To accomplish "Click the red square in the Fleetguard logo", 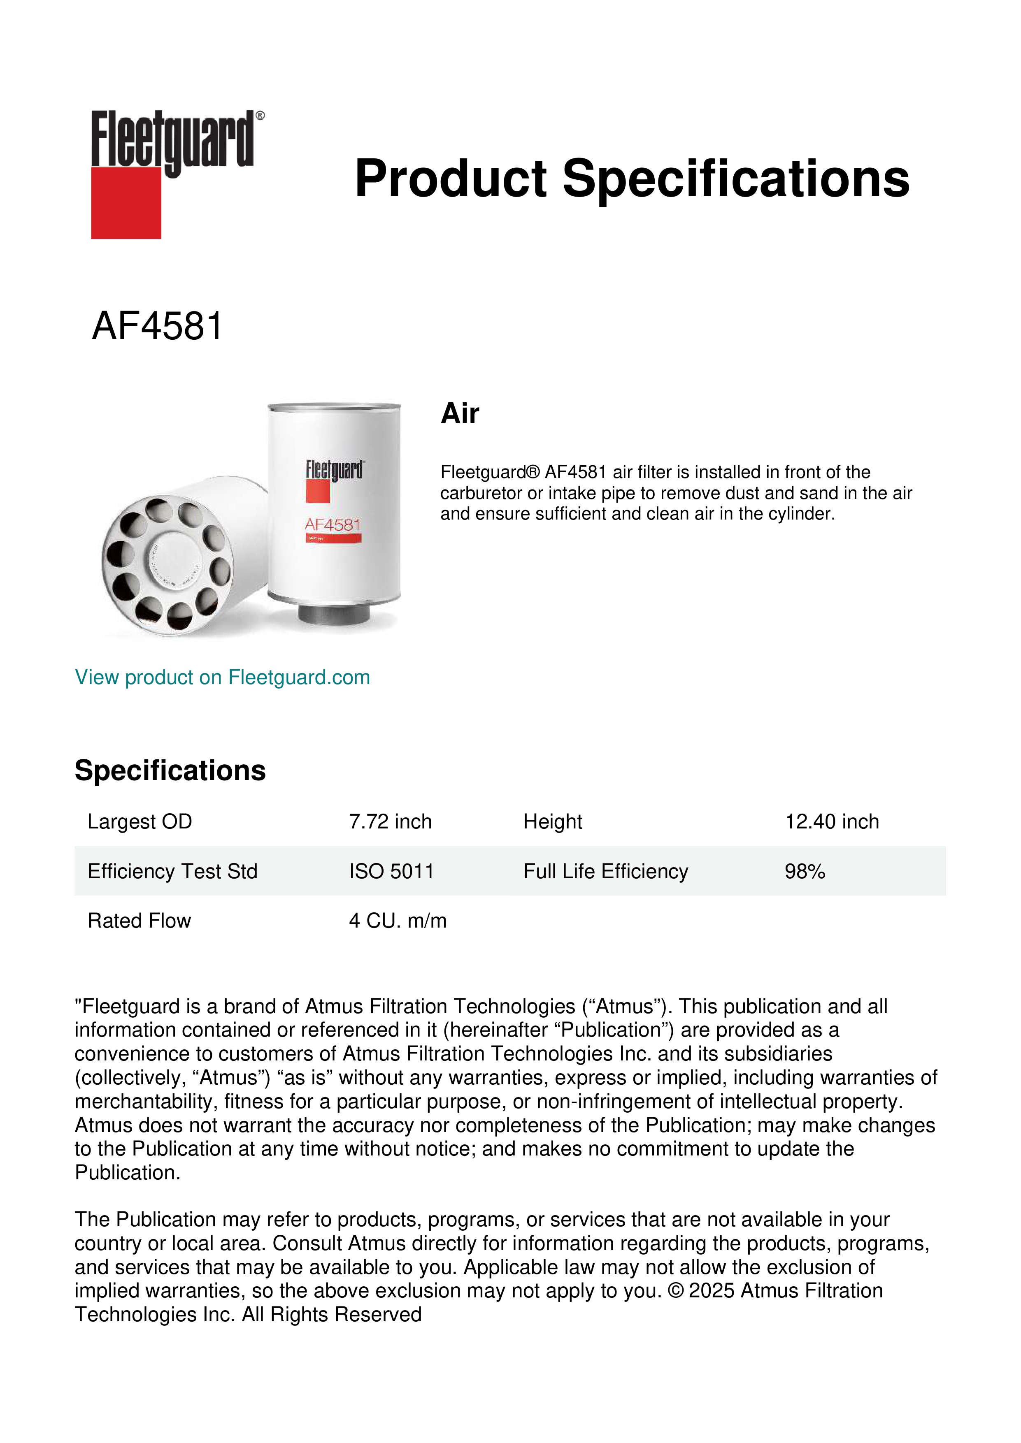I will (x=126, y=202).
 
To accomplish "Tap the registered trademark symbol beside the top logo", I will (x=260, y=116).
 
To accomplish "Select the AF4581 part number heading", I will (x=157, y=326).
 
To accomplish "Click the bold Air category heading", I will (x=460, y=413).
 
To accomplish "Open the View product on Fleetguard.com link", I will (x=222, y=677).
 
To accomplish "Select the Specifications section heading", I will (x=170, y=770).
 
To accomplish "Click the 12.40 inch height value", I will (x=831, y=821).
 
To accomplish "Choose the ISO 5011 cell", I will (x=391, y=871).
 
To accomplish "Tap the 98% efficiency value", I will (x=804, y=871).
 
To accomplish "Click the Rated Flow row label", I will (x=139, y=920).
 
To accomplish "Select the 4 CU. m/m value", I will (x=398, y=920).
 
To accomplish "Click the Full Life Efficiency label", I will (x=605, y=871).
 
